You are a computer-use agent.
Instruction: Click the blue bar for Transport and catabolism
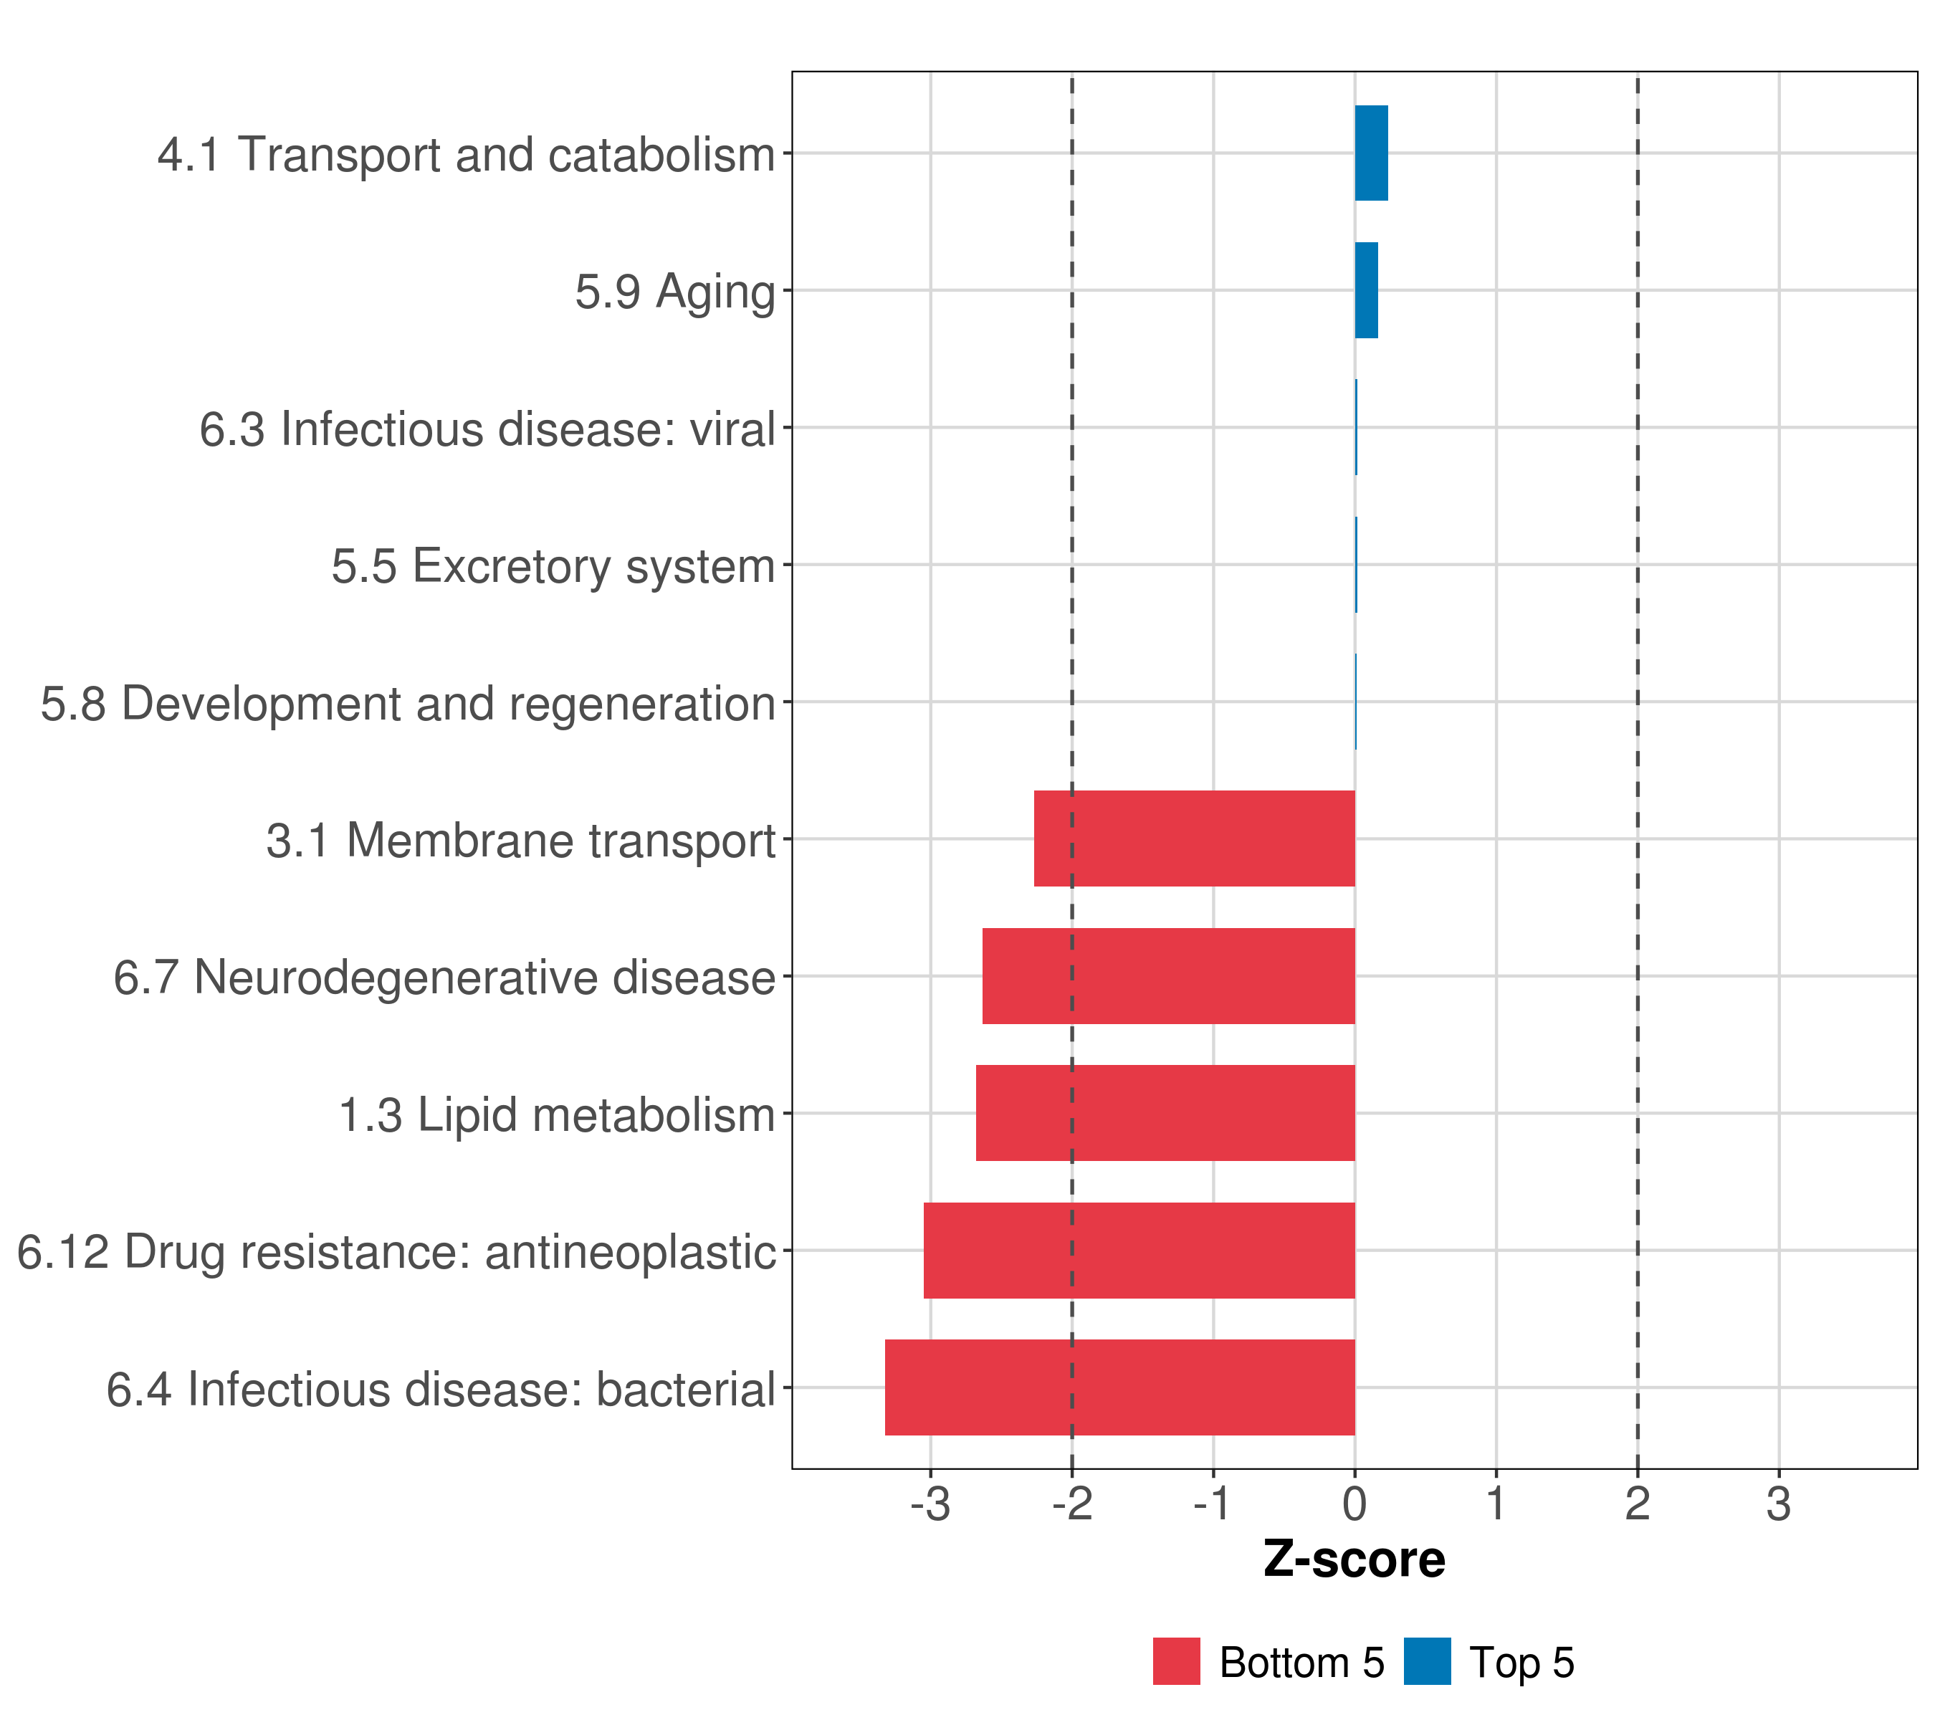(1371, 153)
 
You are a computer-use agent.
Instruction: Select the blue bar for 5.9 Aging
(1366, 291)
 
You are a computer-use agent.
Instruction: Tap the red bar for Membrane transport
(1194, 838)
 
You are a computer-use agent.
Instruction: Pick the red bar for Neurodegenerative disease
(1168, 976)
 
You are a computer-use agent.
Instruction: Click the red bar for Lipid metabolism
(1165, 1113)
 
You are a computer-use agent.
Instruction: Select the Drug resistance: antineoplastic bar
(1139, 1251)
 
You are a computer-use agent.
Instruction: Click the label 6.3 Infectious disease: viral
(487, 429)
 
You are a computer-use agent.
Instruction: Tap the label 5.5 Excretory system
(553, 566)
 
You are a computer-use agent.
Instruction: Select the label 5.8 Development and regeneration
(407, 703)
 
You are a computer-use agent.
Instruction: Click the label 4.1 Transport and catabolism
(466, 154)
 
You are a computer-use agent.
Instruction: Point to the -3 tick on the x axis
(930, 1505)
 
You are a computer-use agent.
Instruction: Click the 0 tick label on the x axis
(1354, 1505)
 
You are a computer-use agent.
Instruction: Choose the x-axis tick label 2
(1638, 1505)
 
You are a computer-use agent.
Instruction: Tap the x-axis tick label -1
(1212, 1505)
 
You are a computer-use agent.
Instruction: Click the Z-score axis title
(1354, 1561)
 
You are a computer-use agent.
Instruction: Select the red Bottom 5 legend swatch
(1177, 1661)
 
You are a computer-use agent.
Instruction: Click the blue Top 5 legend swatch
(1427, 1661)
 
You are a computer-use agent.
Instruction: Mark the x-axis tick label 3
(1779, 1505)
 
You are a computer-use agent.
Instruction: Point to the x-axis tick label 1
(1496, 1505)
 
